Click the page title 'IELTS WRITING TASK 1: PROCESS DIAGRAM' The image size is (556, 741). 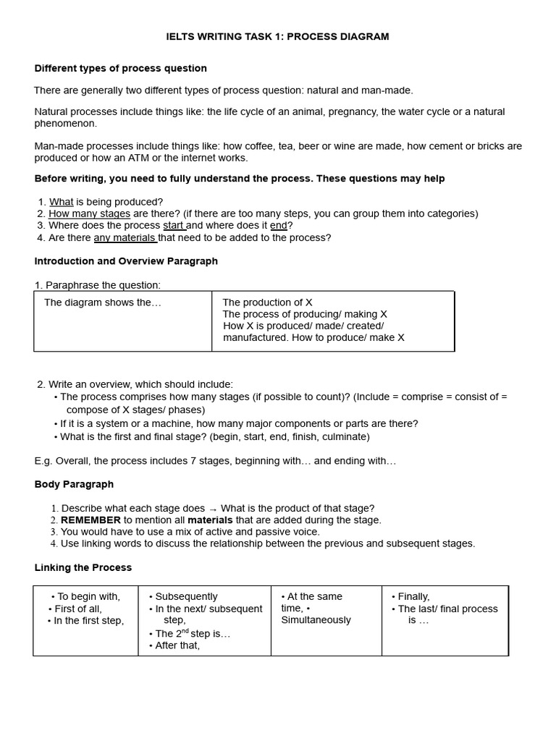[277, 37]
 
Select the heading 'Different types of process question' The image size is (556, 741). [121, 69]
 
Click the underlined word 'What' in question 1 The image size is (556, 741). [61, 202]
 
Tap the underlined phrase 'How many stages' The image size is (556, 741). [89, 213]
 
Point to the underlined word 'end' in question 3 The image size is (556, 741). [279, 226]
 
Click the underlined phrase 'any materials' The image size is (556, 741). [125, 237]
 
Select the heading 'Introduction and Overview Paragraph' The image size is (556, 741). [126, 261]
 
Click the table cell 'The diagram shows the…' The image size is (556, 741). [103, 302]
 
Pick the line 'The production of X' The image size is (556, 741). [267, 302]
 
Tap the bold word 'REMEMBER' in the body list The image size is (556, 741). [90, 520]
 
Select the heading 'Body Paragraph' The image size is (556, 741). [74, 484]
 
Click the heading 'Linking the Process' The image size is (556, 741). [83, 568]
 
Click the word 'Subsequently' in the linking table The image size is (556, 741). [186, 597]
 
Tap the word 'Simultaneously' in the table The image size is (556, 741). [316, 620]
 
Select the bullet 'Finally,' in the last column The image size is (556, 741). [413, 597]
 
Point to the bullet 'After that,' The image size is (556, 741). [177, 645]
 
